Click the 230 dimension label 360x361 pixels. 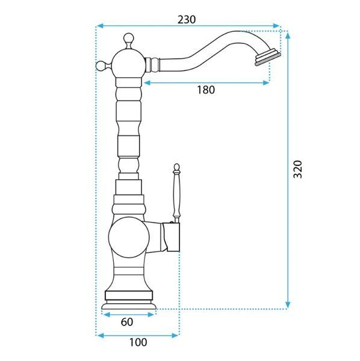tap(187, 20)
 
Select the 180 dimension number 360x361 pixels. tap(206, 90)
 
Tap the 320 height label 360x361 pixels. tap(297, 169)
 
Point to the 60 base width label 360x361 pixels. tap(126, 322)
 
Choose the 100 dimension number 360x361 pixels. tap(138, 342)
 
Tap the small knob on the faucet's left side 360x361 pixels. tap(101, 66)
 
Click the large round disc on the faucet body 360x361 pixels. tap(129, 238)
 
